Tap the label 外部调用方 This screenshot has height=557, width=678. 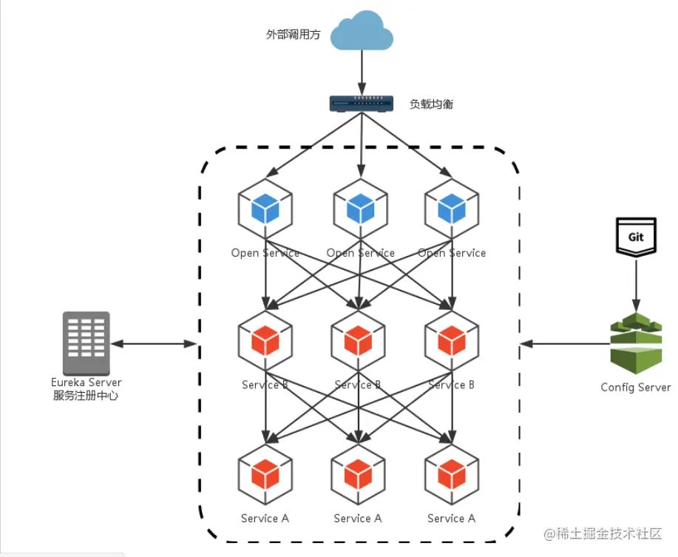293,34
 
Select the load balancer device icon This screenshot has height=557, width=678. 360,104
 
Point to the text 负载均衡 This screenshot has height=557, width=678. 431,104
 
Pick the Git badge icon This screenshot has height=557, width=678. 636,237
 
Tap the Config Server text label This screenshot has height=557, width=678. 635,387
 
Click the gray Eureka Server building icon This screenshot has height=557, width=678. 87,342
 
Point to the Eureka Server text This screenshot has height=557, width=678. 87,382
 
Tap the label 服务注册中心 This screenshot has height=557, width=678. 87,396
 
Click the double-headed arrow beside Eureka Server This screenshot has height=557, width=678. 154,343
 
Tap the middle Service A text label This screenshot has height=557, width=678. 358,519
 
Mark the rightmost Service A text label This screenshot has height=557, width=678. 451,519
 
